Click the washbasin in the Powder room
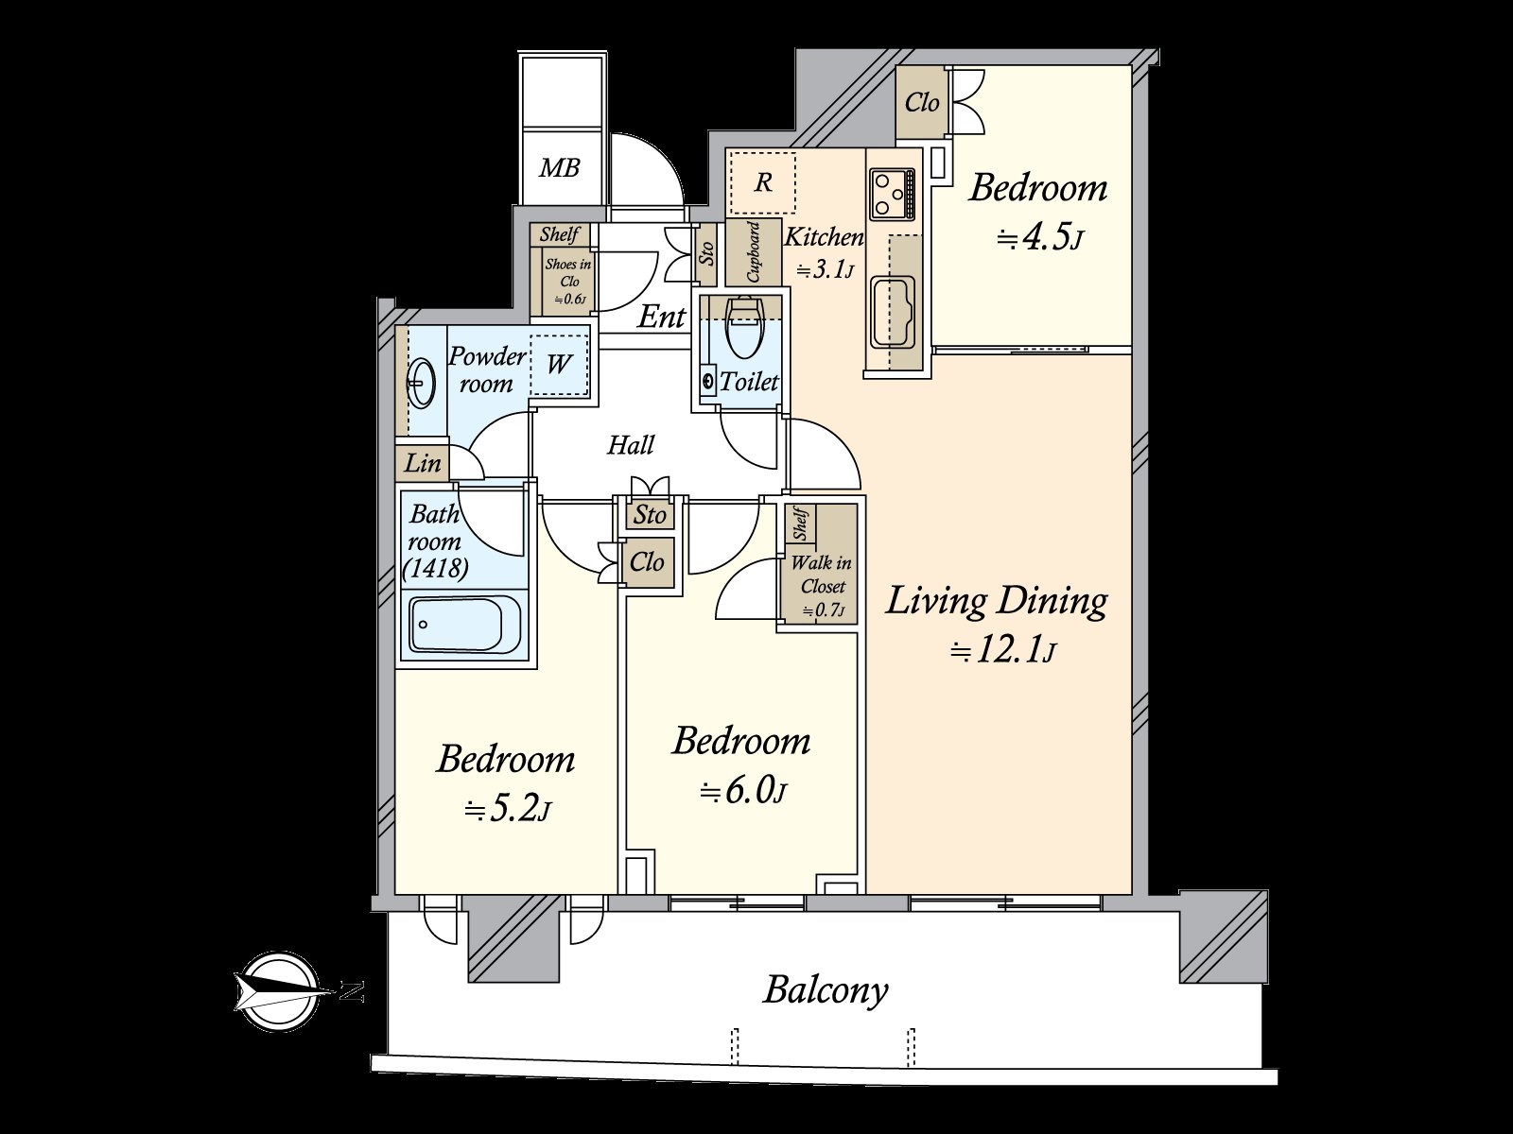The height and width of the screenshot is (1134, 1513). pyautogui.click(x=420, y=383)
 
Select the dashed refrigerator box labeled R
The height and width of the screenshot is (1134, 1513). pyautogui.click(x=762, y=182)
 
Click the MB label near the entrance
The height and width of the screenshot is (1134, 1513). pyautogui.click(x=559, y=169)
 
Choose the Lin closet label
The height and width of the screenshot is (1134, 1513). pyautogui.click(x=423, y=463)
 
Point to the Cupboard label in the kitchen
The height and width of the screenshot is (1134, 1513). pyautogui.click(x=754, y=253)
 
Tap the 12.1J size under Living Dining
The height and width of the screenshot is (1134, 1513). pyautogui.click(x=1001, y=651)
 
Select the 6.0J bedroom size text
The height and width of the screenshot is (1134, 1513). pyautogui.click(x=742, y=790)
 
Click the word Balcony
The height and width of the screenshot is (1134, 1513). pyautogui.click(x=826, y=990)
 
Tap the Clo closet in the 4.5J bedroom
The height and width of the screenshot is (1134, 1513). pyautogui.click(x=922, y=102)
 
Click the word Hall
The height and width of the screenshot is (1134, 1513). pyautogui.click(x=631, y=444)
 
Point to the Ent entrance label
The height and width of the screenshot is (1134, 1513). pyautogui.click(x=661, y=317)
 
